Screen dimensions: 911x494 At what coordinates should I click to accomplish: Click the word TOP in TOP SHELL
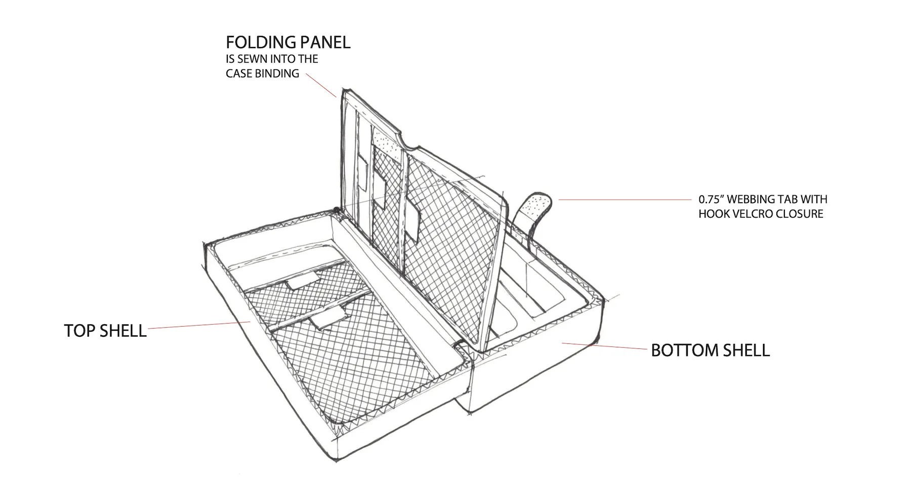pyautogui.click(x=80, y=331)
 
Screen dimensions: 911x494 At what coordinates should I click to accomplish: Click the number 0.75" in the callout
pyautogui.click(x=712, y=200)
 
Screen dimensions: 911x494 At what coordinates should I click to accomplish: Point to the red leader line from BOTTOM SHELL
pyautogui.click(x=605, y=346)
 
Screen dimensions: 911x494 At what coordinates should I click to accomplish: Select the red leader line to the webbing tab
pyautogui.click(x=623, y=200)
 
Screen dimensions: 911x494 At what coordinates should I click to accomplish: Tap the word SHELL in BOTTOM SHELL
pyautogui.click(x=744, y=350)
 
